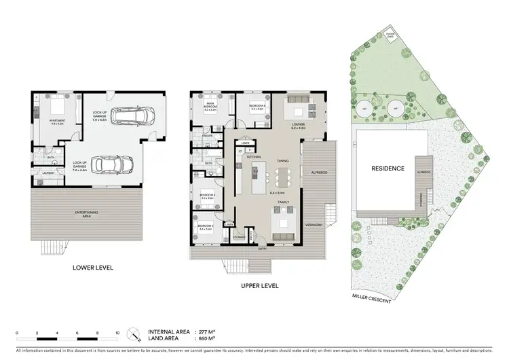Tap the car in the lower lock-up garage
[x=110, y=164]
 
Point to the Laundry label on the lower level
[x=48, y=173]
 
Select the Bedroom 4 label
[x=257, y=105]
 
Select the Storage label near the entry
[x=239, y=237]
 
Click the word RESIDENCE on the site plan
[x=387, y=168]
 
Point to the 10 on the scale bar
[x=118, y=333]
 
